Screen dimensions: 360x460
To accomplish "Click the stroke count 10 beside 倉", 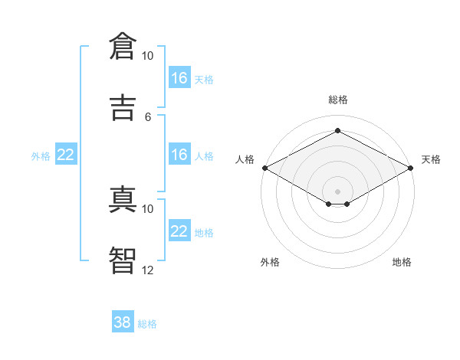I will pos(147,56).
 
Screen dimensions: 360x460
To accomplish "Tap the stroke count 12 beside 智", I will pos(147,270).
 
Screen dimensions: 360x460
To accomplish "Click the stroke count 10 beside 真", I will pos(147,208).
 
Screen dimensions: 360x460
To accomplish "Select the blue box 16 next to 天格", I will pos(179,77).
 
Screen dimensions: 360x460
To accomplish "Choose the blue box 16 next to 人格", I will pos(179,155).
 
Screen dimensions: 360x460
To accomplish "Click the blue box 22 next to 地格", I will pos(179,231).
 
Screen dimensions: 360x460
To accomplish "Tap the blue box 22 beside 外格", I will pos(66,155).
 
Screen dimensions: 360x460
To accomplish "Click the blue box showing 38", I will pos(123,322).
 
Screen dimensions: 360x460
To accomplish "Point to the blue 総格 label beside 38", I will pos(147,324).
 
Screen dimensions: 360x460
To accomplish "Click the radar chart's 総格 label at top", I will pos(337,100).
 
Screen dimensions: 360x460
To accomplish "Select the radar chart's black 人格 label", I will pos(245,159).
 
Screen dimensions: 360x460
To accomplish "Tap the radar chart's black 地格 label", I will pos(402,262).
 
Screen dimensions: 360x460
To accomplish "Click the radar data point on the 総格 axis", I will pos(337,130).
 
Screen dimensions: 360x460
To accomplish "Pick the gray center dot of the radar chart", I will pos(337,190).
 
